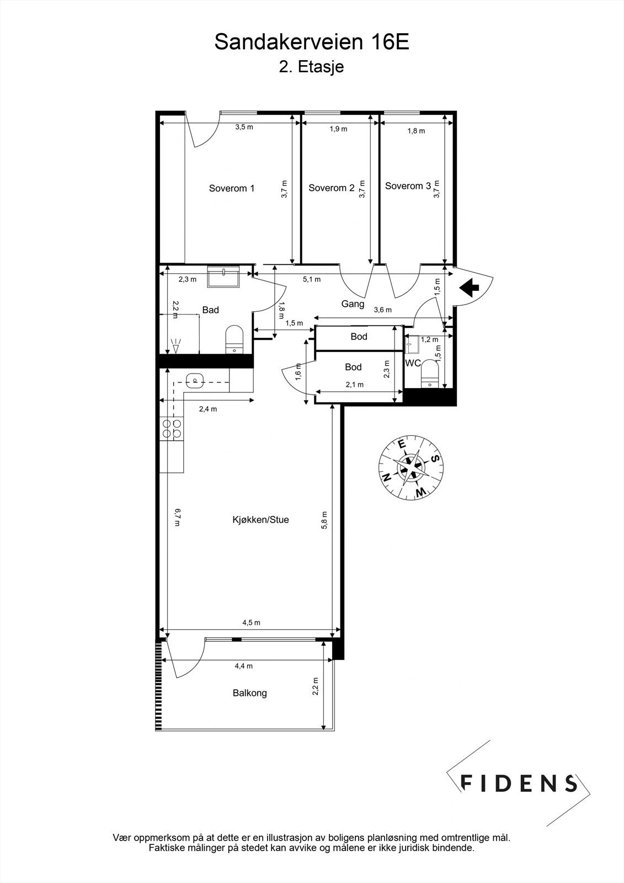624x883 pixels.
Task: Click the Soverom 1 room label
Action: coord(232,188)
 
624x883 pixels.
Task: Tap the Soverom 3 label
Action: coord(408,186)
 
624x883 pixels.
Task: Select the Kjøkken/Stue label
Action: coord(260,519)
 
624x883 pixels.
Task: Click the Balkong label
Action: coord(249,693)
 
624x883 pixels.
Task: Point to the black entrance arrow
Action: coord(468,286)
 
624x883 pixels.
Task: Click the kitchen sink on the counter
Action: coord(194,380)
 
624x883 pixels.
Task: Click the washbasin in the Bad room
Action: coord(223,275)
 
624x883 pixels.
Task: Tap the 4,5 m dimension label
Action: coord(251,623)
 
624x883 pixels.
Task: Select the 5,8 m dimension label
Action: coord(324,519)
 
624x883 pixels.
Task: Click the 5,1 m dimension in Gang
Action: coord(311,279)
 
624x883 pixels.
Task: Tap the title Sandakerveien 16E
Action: coord(312,42)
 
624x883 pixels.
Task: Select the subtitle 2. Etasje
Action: coord(312,67)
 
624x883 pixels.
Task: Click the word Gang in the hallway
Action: coord(353,304)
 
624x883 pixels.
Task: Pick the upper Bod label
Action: coord(359,337)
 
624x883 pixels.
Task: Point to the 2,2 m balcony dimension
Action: coord(315,687)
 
